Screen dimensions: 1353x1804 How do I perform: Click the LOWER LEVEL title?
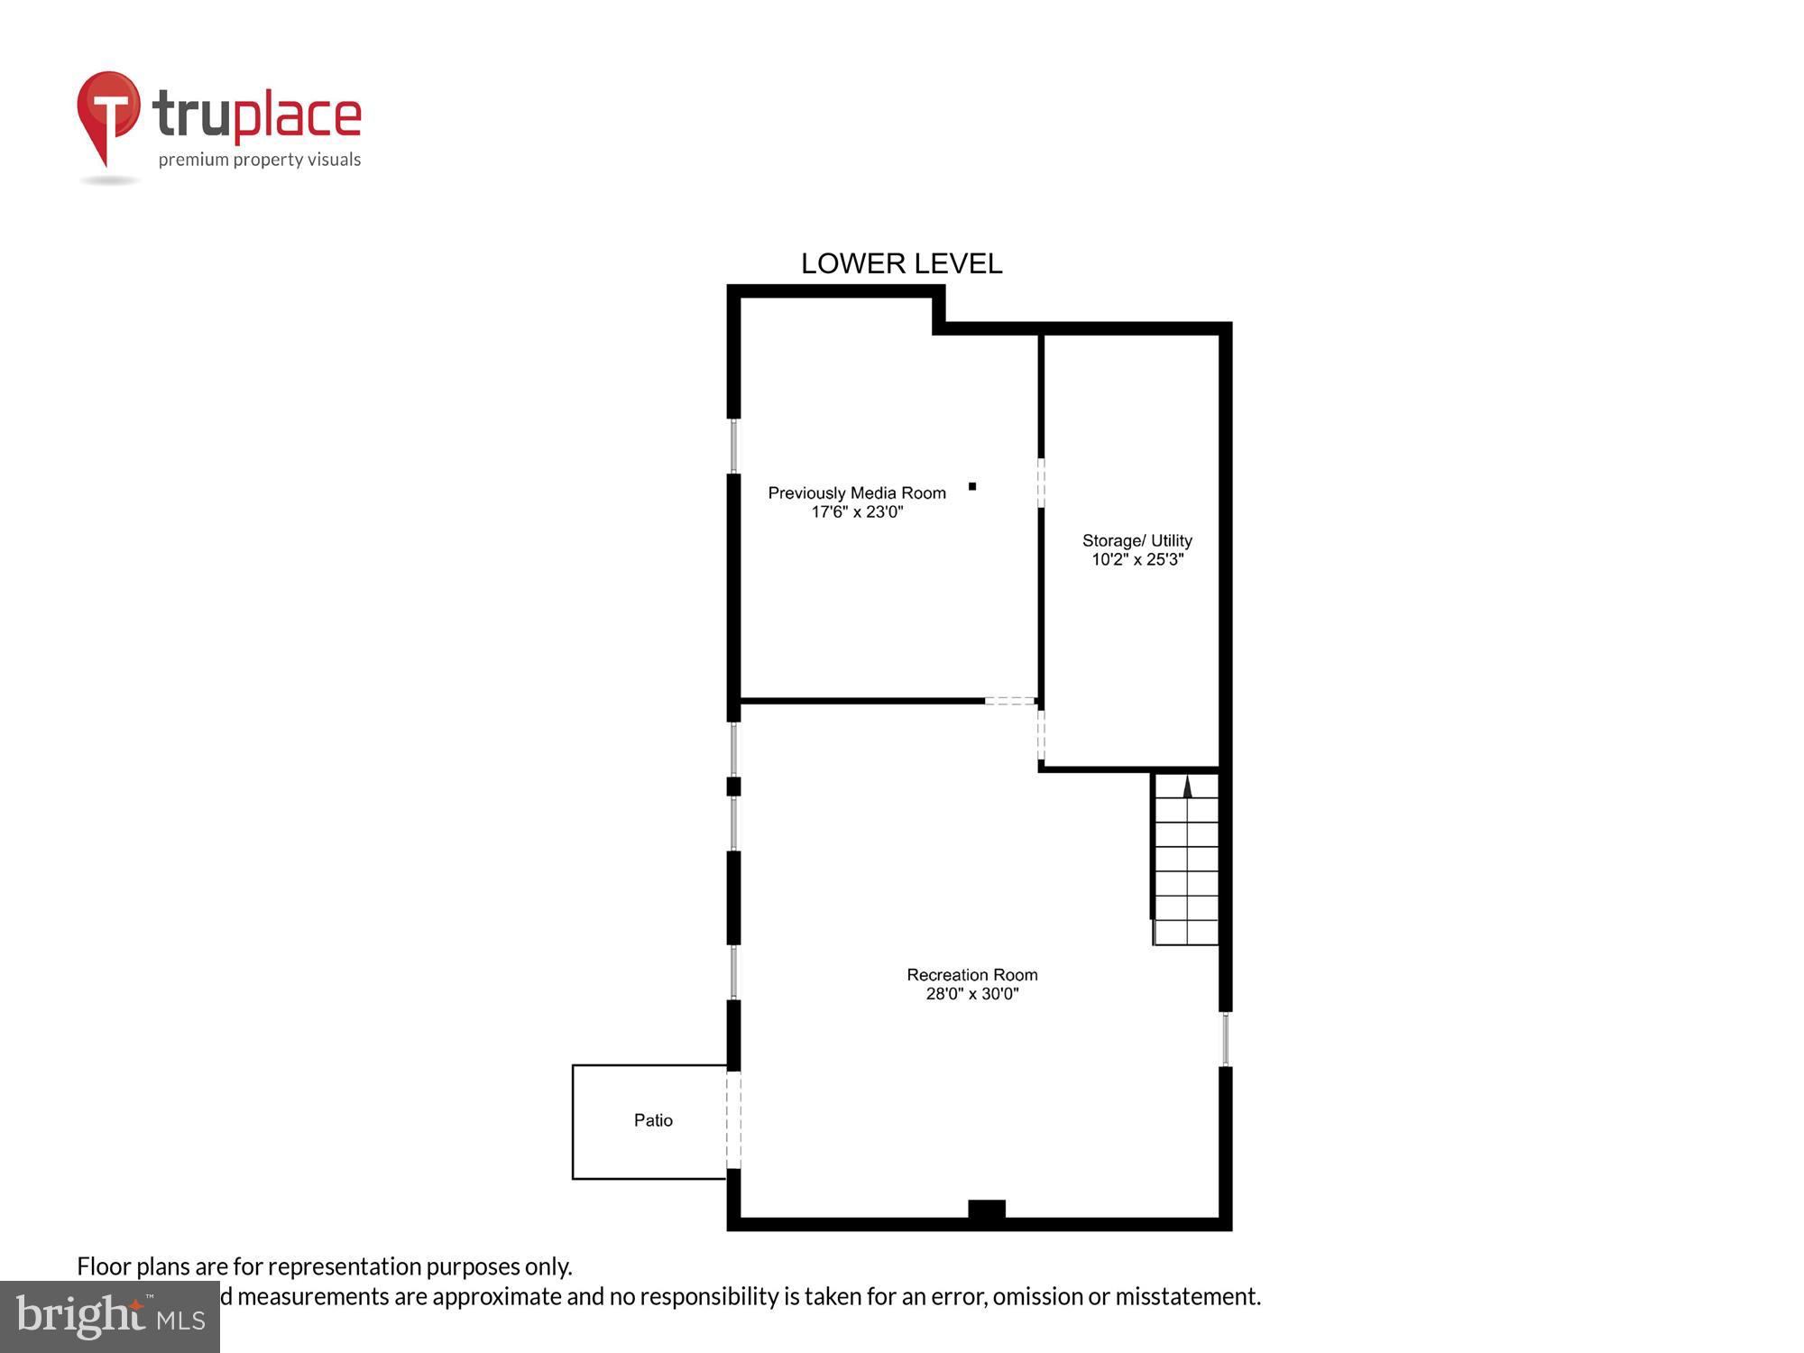coord(901,263)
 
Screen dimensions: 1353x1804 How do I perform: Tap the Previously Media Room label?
coord(857,492)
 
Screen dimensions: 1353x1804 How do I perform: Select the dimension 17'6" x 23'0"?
coord(857,512)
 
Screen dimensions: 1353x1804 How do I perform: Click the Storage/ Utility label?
coord(1137,540)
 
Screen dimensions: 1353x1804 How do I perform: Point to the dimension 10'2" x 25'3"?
coord(1137,560)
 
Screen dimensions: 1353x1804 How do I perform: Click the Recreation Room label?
coord(971,974)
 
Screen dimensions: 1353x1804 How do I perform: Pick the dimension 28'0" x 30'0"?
coord(971,994)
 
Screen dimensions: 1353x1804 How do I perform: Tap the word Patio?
coord(653,1120)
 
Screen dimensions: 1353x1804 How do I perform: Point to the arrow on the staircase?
coord(1187,787)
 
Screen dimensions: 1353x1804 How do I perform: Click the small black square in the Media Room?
coord(972,486)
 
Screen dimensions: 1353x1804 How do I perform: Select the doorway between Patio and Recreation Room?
coord(733,1119)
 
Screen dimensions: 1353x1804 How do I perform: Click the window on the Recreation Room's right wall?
coord(1225,1039)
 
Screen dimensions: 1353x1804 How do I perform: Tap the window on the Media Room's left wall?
coord(733,446)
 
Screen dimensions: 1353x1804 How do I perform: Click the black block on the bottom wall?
coord(986,1210)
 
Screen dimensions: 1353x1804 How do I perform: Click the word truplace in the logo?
coord(257,115)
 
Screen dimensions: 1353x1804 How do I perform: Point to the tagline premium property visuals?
coord(260,160)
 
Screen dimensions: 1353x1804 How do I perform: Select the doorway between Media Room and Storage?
coord(1041,483)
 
